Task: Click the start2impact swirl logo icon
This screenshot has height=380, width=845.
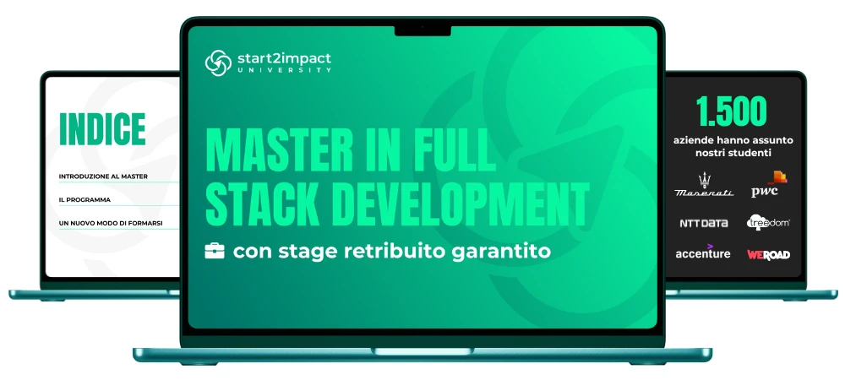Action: click(x=218, y=63)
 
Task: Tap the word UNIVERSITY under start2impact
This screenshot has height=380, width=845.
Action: click(x=284, y=70)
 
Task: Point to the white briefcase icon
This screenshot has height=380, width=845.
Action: click(x=215, y=252)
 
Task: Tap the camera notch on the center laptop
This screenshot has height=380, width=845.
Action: click(x=422, y=30)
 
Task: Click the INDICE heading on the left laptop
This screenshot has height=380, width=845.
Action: click(x=102, y=129)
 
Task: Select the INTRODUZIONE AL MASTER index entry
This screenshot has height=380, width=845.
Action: click(x=103, y=176)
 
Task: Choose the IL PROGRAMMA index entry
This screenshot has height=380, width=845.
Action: click(x=84, y=199)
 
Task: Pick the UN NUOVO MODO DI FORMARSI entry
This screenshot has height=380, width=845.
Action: click(x=111, y=223)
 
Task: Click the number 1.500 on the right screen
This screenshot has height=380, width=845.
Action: click(x=731, y=111)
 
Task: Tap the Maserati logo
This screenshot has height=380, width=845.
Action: click(x=704, y=185)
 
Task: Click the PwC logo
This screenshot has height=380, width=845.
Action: click(x=769, y=185)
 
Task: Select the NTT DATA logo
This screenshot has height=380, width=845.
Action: click(x=704, y=223)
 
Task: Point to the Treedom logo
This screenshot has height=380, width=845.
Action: click(x=768, y=222)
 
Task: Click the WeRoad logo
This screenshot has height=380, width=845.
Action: click(x=768, y=254)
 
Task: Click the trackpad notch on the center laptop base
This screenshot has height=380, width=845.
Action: click(x=422, y=351)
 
